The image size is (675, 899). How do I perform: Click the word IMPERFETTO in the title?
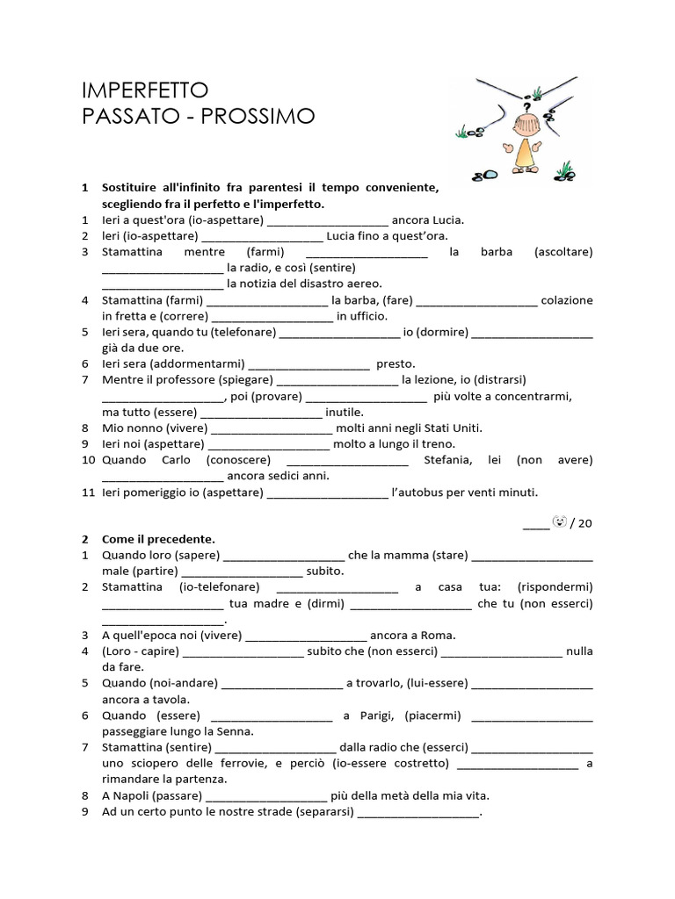[145, 90]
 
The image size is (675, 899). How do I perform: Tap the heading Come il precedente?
[158, 539]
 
